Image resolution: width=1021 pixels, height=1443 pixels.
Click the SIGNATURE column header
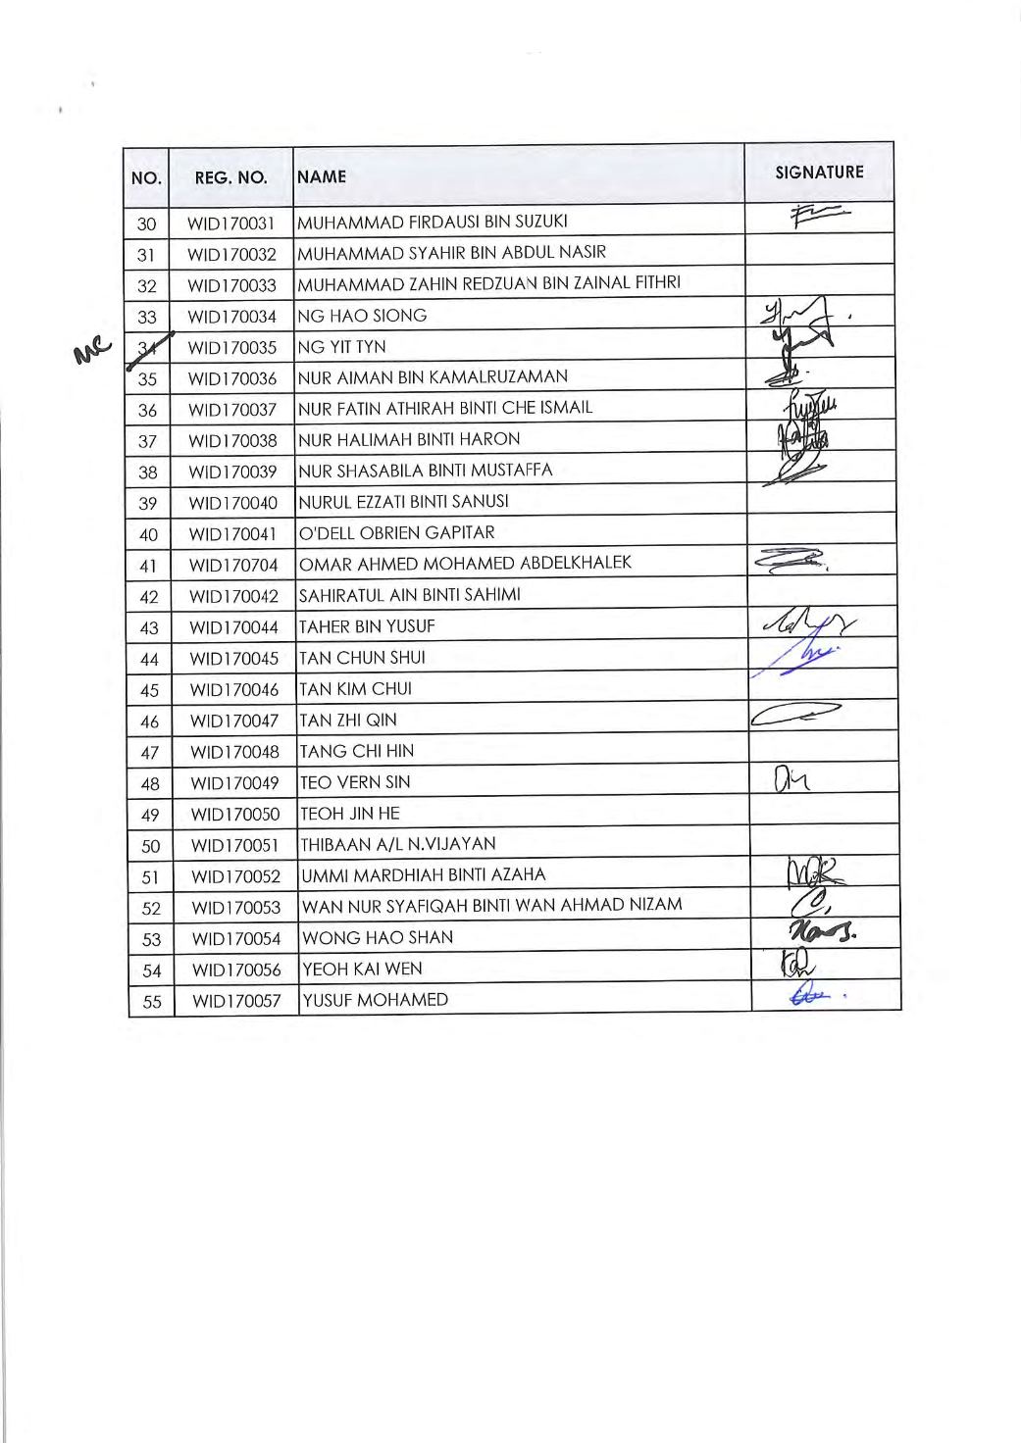point(819,173)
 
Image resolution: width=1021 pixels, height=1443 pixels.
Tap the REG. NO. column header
point(231,178)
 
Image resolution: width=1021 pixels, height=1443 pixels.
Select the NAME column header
point(323,177)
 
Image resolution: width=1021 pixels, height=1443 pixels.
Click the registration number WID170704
point(233,566)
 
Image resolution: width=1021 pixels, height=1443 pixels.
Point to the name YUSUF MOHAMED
point(376,1000)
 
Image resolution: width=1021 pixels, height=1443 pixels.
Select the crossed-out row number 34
point(148,346)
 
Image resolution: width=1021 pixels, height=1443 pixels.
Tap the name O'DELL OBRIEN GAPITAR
point(397,532)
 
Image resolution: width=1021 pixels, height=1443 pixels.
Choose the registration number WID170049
point(234,783)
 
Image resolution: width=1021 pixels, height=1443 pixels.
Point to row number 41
point(148,566)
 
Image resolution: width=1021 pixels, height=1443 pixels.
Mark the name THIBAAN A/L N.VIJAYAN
point(397,844)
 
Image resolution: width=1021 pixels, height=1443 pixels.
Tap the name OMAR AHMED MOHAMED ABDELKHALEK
point(466,563)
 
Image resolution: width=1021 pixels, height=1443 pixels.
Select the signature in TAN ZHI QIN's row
point(794,718)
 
